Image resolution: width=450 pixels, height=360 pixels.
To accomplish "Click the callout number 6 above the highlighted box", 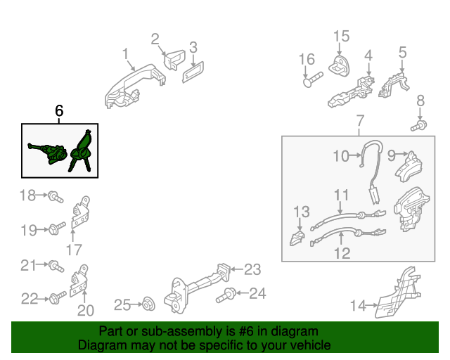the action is pyautogui.click(x=59, y=110).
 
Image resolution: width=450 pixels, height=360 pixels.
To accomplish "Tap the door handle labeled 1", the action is pyautogui.click(x=135, y=86).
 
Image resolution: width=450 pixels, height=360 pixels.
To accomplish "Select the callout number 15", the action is pyautogui.click(x=341, y=37).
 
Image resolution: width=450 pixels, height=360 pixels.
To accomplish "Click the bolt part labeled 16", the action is pyautogui.click(x=313, y=79).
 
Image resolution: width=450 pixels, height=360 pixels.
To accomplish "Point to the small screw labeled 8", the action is pyautogui.click(x=419, y=126).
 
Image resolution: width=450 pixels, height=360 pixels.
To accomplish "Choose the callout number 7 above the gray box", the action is pyautogui.click(x=360, y=120).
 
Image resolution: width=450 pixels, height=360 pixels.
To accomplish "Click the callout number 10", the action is pyautogui.click(x=341, y=156).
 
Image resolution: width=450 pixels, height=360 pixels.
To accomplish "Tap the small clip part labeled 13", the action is pyautogui.click(x=297, y=238).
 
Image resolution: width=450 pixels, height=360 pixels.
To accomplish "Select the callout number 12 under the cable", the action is pyautogui.click(x=342, y=253).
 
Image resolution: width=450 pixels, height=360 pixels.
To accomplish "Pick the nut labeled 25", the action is pyautogui.click(x=149, y=304).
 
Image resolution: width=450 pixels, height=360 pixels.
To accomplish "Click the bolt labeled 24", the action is pyautogui.click(x=226, y=295).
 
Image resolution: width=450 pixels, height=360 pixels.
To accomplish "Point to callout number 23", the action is pyautogui.click(x=252, y=269).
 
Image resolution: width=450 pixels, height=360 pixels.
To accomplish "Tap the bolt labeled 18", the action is pyautogui.click(x=56, y=197).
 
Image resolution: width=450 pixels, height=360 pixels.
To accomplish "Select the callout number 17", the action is pyautogui.click(x=74, y=250).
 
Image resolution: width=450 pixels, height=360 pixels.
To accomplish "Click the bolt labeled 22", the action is pyautogui.click(x=58, y=297).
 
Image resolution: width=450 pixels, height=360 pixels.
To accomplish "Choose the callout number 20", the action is pyautogui.click(x=86, y=310).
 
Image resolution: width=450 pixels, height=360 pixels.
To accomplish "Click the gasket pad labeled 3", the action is pyautogui.click(x=193, y=72).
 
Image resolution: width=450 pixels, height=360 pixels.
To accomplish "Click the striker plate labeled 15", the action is pyautogui.click(x=339, y=65).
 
